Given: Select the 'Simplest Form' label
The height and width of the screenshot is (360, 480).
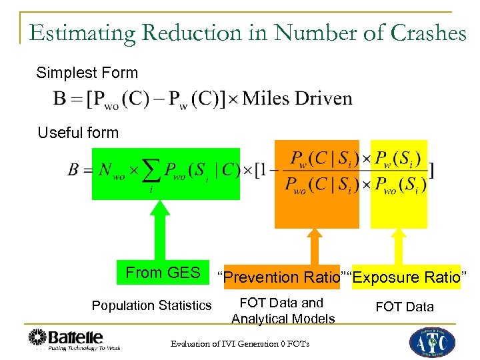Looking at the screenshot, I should (87, 73).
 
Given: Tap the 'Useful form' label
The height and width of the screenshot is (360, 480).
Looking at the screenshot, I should (78, 133).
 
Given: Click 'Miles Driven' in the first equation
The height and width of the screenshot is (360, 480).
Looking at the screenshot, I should (297, 99).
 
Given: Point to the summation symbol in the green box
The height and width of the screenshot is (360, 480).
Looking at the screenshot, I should (153, 172).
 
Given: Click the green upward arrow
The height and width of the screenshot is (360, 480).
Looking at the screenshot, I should (159, 230).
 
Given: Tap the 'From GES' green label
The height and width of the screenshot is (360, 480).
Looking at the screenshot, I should (163, 273).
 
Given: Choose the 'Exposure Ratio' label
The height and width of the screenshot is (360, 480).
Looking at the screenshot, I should (407, 277).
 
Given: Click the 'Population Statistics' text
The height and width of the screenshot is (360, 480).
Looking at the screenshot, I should (151, 306).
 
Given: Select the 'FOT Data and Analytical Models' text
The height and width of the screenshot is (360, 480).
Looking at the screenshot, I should (283, 311).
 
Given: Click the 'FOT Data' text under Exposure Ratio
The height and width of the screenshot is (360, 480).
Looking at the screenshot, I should (404, 307).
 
